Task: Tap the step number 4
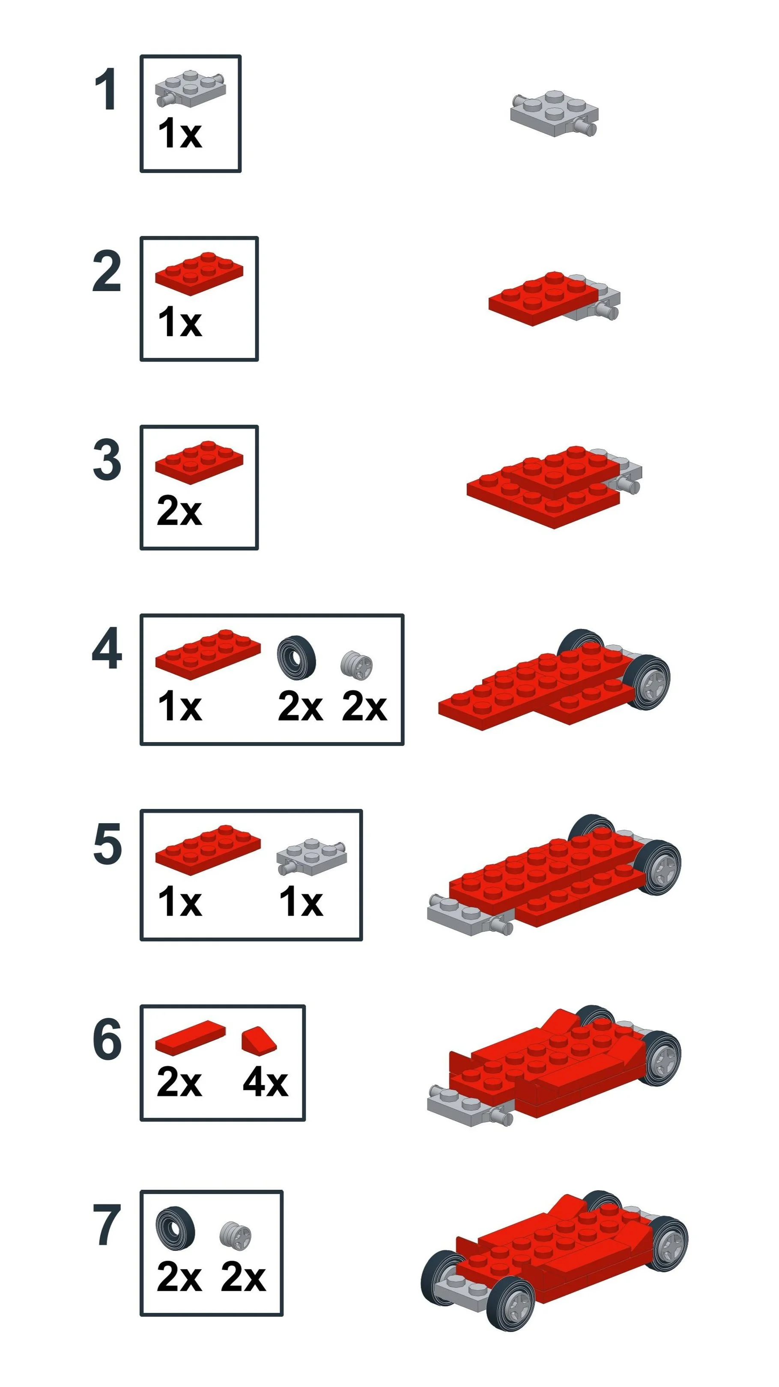pos(107,648)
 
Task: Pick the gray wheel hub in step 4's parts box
pos(357,665)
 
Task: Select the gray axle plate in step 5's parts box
pos(311,856)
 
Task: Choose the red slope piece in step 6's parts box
pos(259,1039)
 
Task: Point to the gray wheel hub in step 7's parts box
pos(236,1234)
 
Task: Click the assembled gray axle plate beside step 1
pos(555,114)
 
